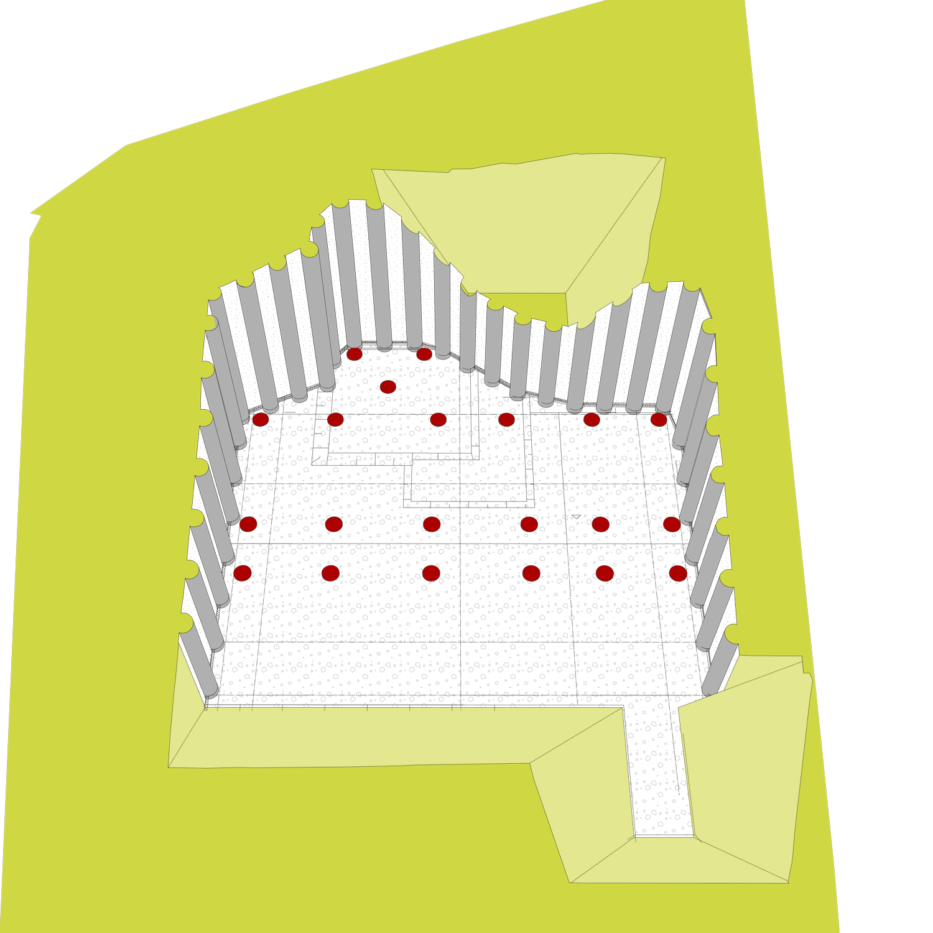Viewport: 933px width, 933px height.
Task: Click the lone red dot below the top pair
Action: (x=388, y=387)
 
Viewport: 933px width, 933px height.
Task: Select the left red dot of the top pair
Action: (x=355, y=354)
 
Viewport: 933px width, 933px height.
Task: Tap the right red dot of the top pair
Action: (x=424, y=354)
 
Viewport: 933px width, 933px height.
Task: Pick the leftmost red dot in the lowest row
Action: (x=242, y=573)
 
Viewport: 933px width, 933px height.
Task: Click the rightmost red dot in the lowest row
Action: (x=678, y=573)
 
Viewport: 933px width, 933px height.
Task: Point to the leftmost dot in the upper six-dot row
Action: (x=261, y=419)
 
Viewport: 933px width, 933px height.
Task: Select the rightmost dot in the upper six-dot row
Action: (x=659, y=419)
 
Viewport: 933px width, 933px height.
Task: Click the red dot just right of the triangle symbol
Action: (x=600, y=524)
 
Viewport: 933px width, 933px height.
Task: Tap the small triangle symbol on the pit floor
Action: (x=576, y=516)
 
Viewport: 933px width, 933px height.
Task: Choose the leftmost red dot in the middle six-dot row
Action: (x=248, y=524)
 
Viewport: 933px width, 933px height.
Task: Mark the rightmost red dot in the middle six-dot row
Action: (x=672, y=524)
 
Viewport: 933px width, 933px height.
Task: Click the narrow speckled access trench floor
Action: (x=659, y=777)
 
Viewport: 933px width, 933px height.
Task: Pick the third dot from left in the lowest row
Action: (x=431, y=573)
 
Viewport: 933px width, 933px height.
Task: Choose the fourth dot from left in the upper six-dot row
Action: (x=506, y=419)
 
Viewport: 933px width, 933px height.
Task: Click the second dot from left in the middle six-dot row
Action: (x=334, y=524)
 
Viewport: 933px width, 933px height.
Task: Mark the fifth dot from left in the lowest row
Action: (x=605, y=573)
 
